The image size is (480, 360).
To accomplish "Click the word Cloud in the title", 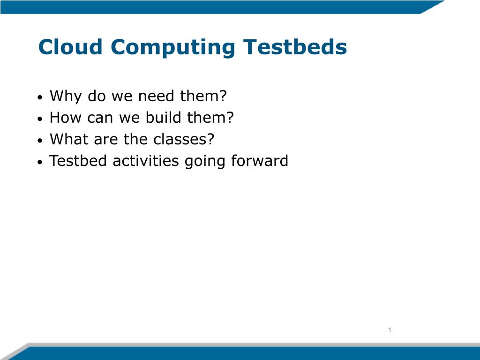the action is (70, 47).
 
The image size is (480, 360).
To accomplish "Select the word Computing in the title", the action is (173, 48).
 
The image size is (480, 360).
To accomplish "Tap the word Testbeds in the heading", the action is (295, 47).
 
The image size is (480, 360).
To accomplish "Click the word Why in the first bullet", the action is (66, 97).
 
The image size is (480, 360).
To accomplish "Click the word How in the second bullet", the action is (65, 118).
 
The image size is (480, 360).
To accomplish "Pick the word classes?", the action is (184, 139).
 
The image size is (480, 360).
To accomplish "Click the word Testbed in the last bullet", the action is (78, 161).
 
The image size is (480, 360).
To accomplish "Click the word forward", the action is (260, 160).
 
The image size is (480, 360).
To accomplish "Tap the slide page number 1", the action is (390, 330).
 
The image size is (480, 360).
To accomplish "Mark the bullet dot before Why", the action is (40, 97).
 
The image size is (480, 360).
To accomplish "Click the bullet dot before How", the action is (40, 119).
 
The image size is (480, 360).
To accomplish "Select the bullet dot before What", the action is (40, 141).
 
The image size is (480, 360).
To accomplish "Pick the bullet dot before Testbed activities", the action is (40, 162).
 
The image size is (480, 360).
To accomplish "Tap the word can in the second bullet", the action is (100, 119).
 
